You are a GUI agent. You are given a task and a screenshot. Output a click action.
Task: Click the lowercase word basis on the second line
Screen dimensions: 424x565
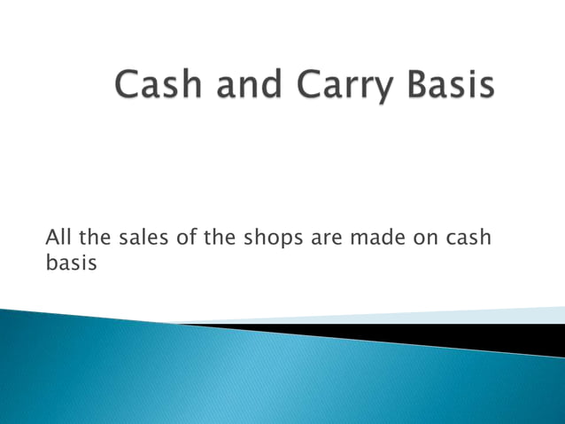coord(69,262)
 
